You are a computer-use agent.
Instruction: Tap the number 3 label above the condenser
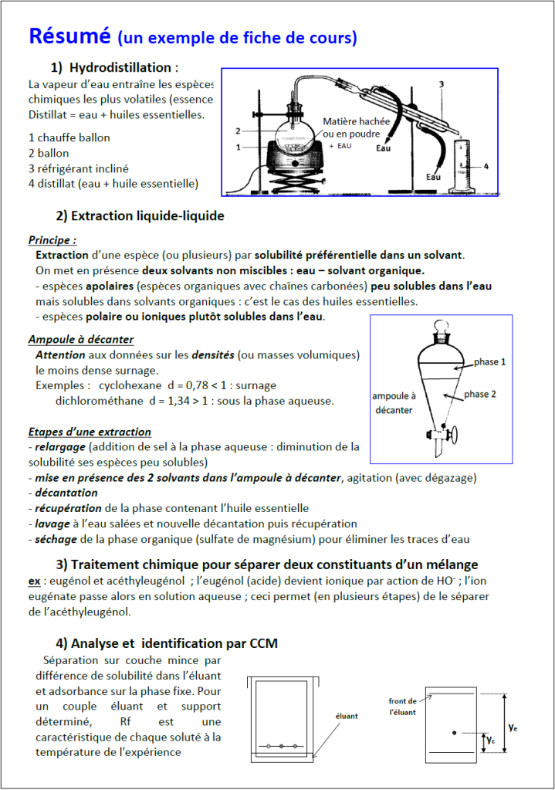pyautogui.click(x=441, y=83)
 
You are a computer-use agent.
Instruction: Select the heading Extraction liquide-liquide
pyautogui.click(x=140, y=216)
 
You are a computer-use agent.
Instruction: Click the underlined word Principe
pyautogui.click(x=51, y=240)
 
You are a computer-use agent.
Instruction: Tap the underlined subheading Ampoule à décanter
pyautogui.click(x=81, y=340)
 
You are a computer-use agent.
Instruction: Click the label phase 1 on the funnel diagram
pyautogui.click(x=490, y=361)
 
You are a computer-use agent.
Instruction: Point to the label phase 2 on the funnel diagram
pyautogui.click(x=480, y=394)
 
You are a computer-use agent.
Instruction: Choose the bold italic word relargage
pyautogui.click(x=61, y=446)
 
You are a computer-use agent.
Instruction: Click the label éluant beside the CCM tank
pyautogui.click(x=347, y=716)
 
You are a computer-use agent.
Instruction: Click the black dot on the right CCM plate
pyautogui.click(x=454, y=732)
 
